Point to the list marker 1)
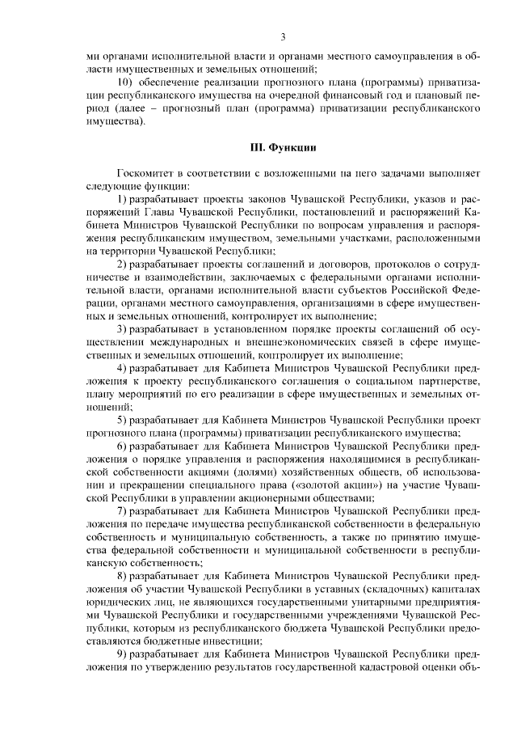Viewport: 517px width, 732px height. [x=123, y=199]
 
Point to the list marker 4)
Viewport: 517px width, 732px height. [x=123, y=367]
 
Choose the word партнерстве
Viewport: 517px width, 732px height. [x=453, y=380]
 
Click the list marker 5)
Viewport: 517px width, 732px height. [x=123, y=419]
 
